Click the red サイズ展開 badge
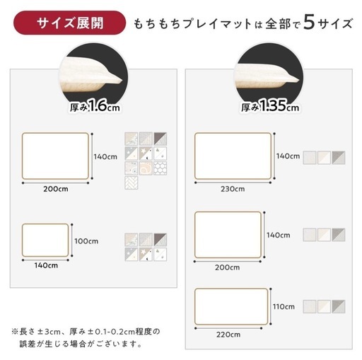pos(69,23)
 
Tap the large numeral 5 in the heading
pos(309,22)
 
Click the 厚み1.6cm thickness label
pos(95,106)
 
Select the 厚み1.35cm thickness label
pos(270,106)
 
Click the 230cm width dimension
pos(233,189)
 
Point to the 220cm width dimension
pos(228,335)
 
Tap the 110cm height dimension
pos(284,307)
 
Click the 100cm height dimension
pos(86,241)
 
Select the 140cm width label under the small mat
pos(46,265)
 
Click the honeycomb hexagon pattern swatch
pos(160,168)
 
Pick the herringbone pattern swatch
pos(132,182)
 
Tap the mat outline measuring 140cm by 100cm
pos(45,240)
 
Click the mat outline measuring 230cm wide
pos(233,156)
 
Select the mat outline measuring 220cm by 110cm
pos(231,306)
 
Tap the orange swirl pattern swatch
pos(146,168)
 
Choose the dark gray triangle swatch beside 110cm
pos(339,306)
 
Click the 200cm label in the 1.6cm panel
pos(56,189)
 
